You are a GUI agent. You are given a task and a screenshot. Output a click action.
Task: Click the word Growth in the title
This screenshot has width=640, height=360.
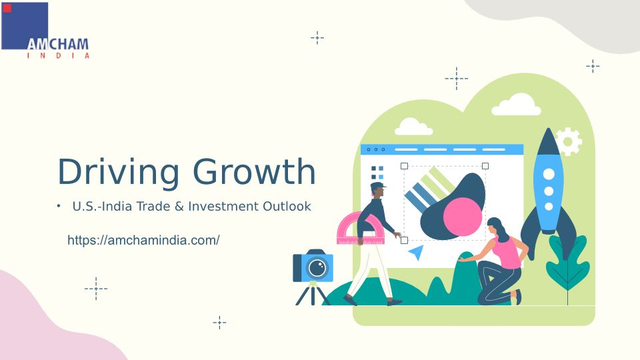pos(254,171)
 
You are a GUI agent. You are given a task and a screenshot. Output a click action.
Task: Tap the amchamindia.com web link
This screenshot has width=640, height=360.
pos(143,240)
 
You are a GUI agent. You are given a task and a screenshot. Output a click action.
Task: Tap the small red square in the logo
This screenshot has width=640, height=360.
pos(7,8)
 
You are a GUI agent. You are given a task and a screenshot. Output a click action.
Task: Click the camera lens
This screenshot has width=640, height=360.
pos(317,268)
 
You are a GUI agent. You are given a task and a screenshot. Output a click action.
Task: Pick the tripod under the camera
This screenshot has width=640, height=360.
pos(313,294)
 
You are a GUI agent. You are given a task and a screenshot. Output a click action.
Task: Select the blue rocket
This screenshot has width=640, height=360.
pos(549,192)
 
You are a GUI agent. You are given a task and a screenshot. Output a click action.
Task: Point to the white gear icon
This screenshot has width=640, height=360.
pos(569,141)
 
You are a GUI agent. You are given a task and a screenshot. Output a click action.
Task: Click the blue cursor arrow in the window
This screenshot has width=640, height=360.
pos(416,253)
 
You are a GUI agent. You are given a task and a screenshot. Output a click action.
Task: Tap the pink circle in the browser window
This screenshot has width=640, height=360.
pos(463,217)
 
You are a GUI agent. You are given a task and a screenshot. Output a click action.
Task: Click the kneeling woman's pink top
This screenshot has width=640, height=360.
pos(507,253)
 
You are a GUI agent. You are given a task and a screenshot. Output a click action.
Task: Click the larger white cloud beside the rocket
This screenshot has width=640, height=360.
pos(516,105)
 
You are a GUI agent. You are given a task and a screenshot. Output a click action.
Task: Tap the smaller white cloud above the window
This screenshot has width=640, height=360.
pos(413,127)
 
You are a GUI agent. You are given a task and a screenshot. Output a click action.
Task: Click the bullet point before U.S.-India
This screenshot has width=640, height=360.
pos(59,206)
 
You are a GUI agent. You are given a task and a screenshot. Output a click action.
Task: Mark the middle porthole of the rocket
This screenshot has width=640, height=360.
pos(549,191)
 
